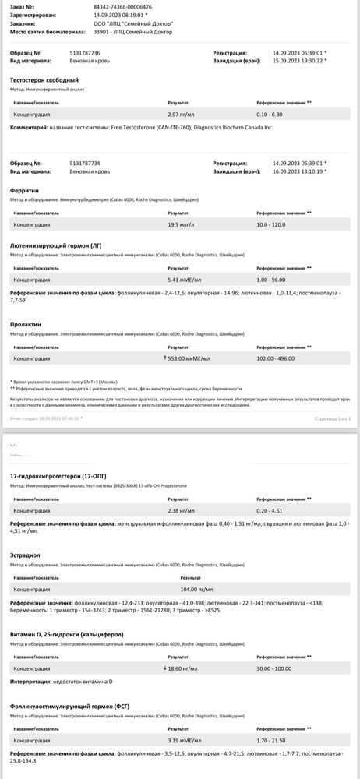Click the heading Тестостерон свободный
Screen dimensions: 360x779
[x=44, y=80]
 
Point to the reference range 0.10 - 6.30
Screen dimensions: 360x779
[x=270, y=114]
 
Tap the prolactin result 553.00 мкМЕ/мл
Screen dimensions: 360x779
[x=189, y=358]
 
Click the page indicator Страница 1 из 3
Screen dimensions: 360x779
[x=333, y=418]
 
